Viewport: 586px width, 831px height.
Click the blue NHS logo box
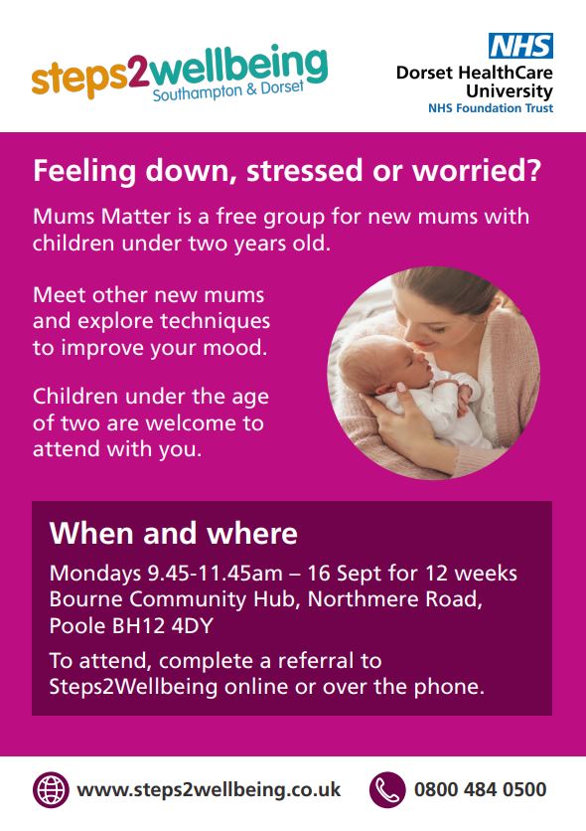519,46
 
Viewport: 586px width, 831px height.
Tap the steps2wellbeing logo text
179,70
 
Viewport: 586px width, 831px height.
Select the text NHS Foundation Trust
491,107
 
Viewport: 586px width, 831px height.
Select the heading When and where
174,534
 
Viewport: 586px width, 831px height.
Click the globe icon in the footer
51,790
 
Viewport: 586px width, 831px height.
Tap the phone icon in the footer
387,790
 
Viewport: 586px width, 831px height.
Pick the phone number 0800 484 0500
480,790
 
